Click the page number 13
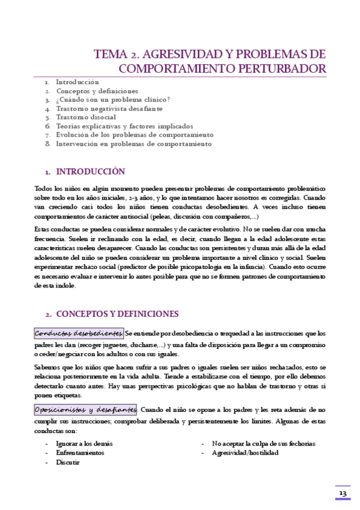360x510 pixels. click(343, 493)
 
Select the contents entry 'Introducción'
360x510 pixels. click(78, 82)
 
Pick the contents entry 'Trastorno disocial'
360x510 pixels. click(86, 117)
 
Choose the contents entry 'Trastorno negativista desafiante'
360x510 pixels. click(109, 109)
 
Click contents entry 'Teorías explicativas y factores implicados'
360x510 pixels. click(124, 126)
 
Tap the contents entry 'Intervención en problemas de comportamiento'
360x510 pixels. click(133, 144)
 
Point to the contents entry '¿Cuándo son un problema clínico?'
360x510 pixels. click(113, 100)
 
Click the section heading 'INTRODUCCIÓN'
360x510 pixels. click(90, 171)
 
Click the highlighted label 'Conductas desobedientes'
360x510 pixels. click(79, 333)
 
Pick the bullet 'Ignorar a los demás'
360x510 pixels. click(84, 443)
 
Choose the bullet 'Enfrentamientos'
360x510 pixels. click(80, 452)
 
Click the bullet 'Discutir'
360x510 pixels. click(68, 462)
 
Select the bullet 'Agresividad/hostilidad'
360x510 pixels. click(245, 452)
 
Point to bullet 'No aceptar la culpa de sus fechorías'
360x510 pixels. click(263, 443)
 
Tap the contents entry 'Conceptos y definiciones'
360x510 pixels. click(97, 91)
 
